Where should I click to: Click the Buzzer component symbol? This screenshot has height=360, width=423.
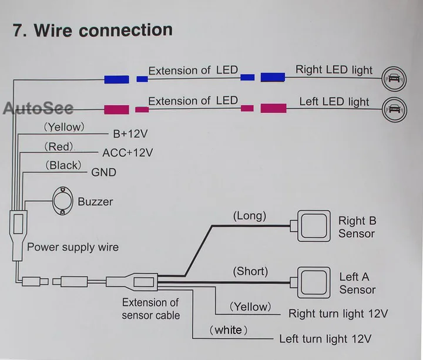pyautogui.click(x=63, y=201)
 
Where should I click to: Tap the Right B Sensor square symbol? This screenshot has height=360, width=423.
pyautogui.click(x=314, y=226)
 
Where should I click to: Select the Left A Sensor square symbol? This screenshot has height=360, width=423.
pyautogui.click(x=314, y=282)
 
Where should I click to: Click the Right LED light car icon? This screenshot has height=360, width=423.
pyautogui.click(x=394, y=79)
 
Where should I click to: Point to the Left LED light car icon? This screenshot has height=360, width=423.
pyautogui.click(x=394, y=109)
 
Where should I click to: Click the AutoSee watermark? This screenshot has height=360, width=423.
pyautogui.click(x=38, y=108)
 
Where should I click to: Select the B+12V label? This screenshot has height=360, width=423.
pyautogui.click(x=130, y=134)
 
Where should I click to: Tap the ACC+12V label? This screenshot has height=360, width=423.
pyautogui.click(x=127, y=153)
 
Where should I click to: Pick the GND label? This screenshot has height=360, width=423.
pyautogui.click(x=103, y=172)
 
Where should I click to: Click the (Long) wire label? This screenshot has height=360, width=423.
pyautogui.click(x=250, y=216)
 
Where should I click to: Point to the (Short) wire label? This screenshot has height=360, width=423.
pyautogui.click(x=250, y=271)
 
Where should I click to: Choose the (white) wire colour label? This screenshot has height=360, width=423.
pyautogui.click(x=229, y=330)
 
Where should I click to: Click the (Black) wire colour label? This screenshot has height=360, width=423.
pyautogui.click(x=63, y=165)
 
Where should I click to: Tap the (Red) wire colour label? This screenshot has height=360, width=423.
pyautogui.click(x=59, y=147)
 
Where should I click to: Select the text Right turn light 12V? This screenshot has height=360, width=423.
pyautogui.click(x=338, y=314)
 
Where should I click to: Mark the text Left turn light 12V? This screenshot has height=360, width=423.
pyautogui.click(x=325, y=339)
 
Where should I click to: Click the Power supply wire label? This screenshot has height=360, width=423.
pyautogui.click(x=73, y=247)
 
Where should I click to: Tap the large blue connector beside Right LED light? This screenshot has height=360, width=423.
pyautogui.click(x=273, y=77)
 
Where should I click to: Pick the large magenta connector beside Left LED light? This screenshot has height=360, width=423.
pyautogui.click(x=274, y=109)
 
